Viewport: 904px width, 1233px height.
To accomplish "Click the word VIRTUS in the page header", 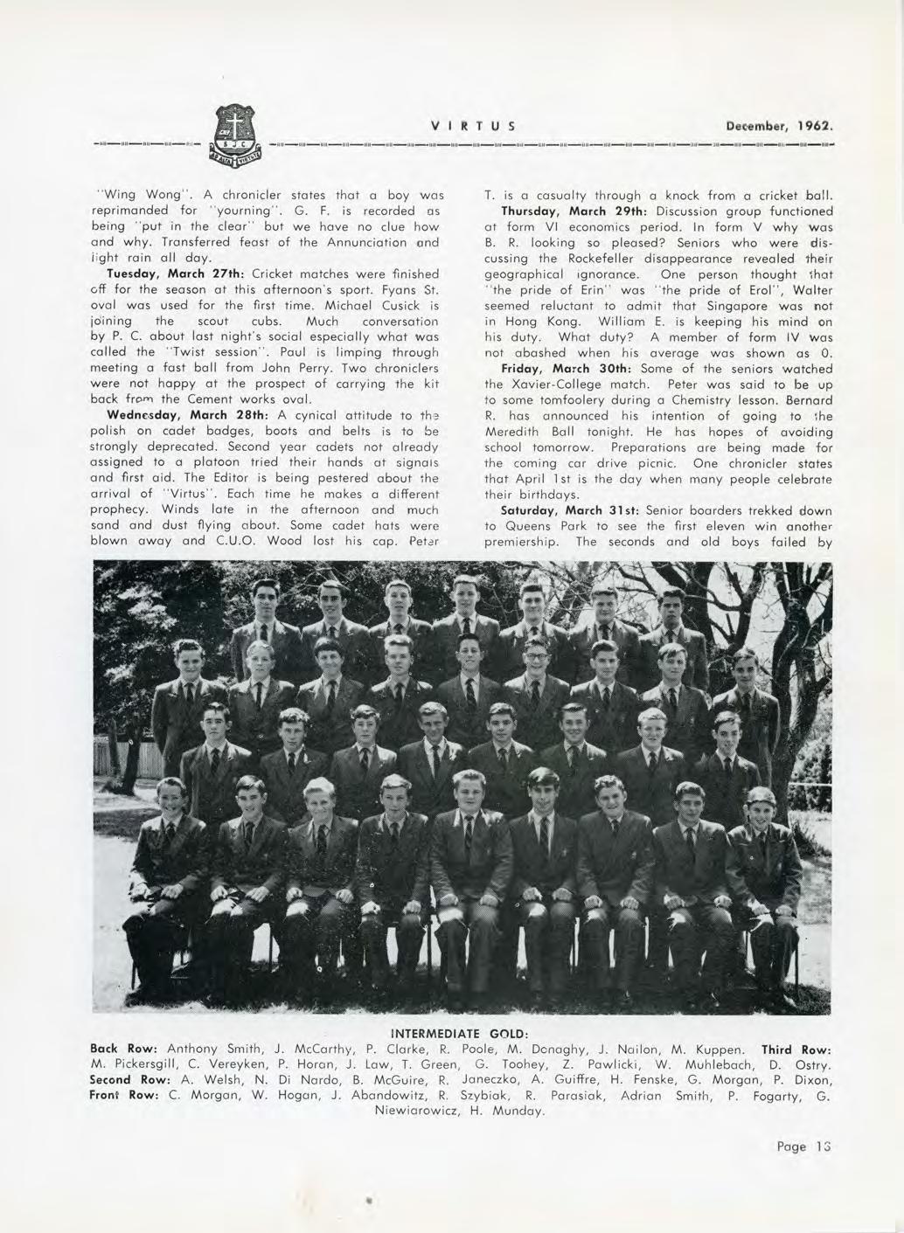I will click(x=471, y=125).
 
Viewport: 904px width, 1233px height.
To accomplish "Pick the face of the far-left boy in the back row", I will click(x=265, y=600).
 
